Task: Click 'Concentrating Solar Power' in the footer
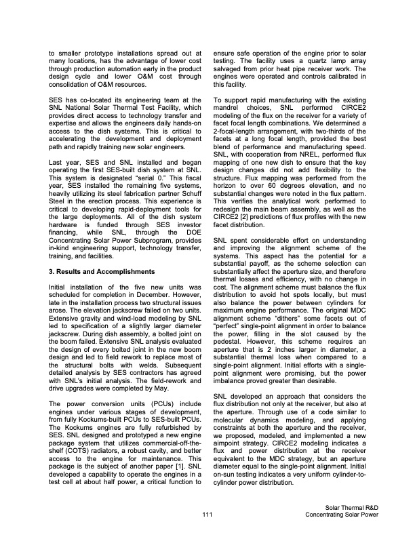click(342, 517)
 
